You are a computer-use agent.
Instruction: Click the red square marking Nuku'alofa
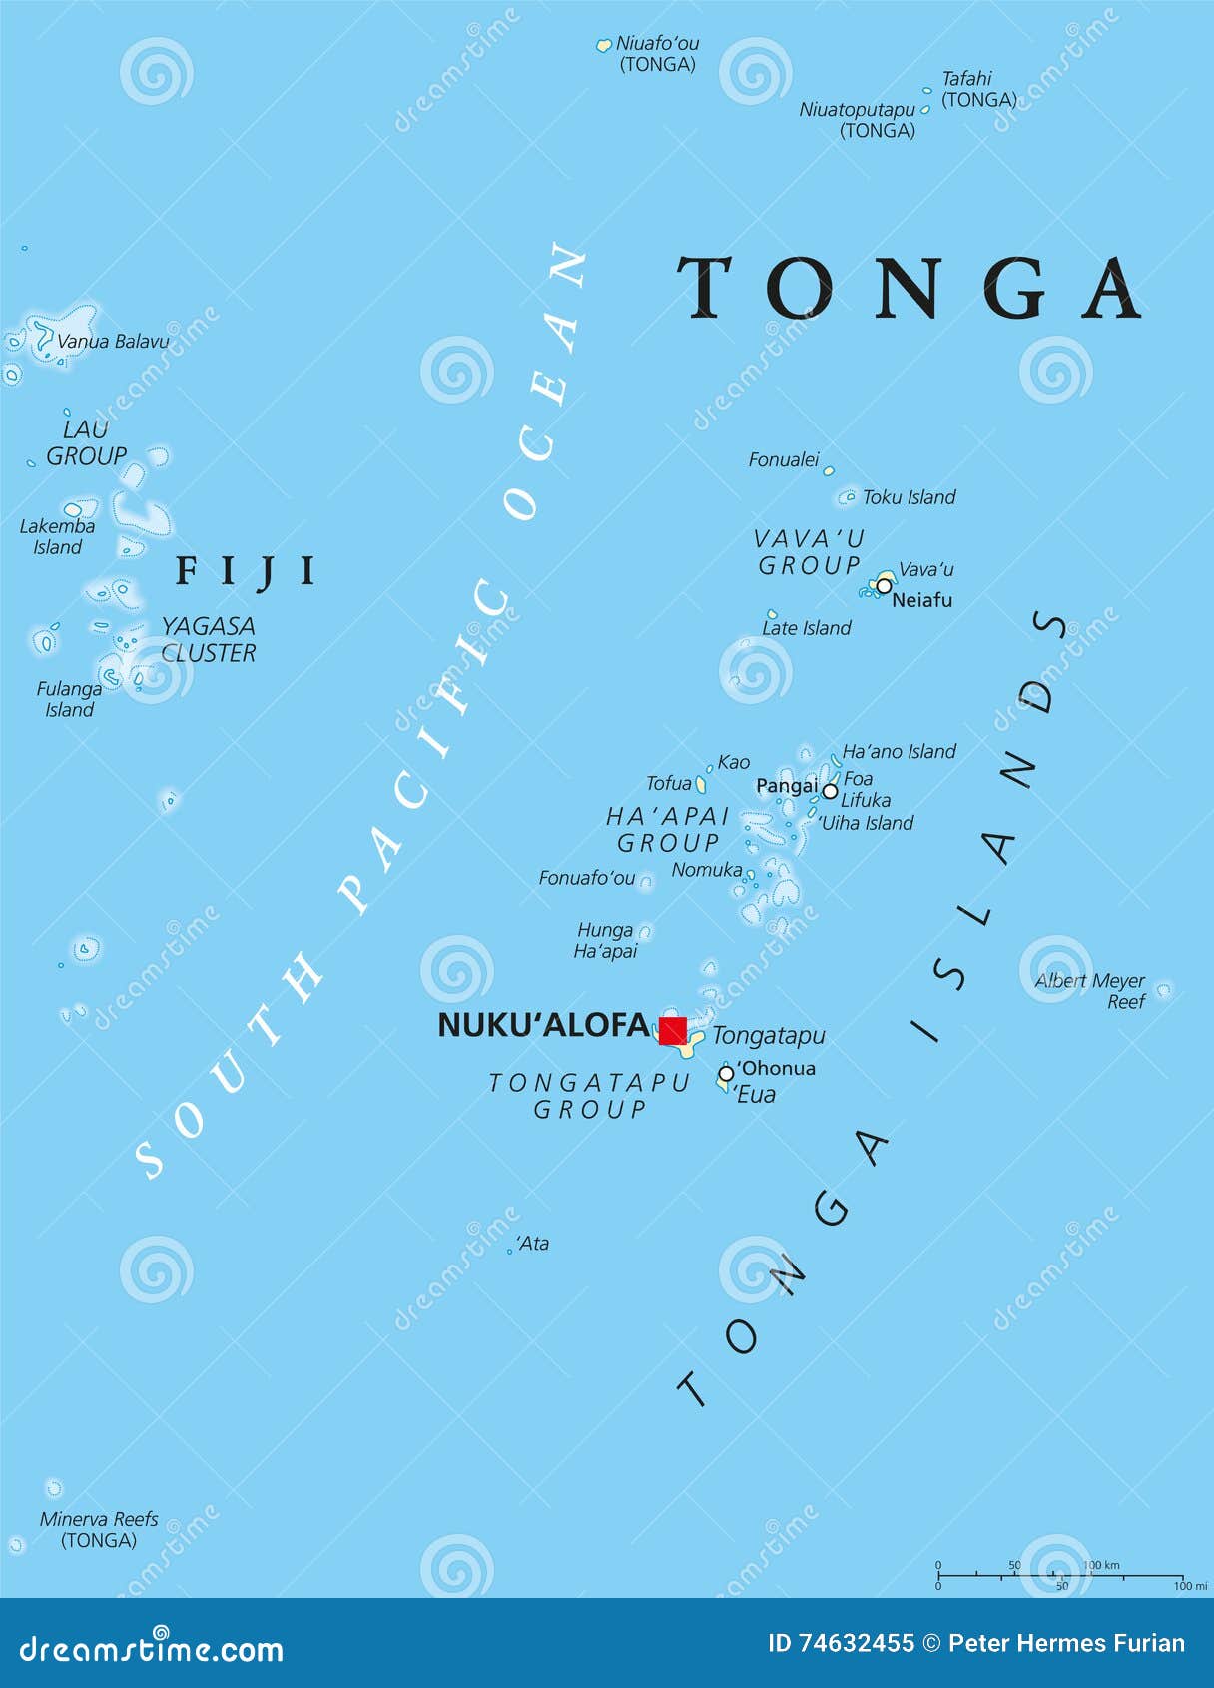coord(672,1030)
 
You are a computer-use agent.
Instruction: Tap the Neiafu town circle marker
coord(884,586)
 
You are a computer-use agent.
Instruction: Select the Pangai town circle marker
coord(830,791)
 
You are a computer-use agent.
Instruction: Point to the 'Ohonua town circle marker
coord(726,1073)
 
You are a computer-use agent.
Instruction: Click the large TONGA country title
coord(910,289)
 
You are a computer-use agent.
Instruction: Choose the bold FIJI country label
coord(246,571)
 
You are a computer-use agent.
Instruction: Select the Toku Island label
coord(909,497)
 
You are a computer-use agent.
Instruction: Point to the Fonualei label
coord(784,460)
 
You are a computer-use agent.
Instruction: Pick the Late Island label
coord(807,628)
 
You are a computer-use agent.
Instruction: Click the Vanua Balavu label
coord(113,342)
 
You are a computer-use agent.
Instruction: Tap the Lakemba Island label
coord(58,536)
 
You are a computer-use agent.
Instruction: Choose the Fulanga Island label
coord(69,699)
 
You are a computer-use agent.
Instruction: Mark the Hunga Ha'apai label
coord(605,941)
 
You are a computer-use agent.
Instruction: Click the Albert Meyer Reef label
coord(1090,991)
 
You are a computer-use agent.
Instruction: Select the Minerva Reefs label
coord(99,1529)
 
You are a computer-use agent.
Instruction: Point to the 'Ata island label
coord(533,1244)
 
